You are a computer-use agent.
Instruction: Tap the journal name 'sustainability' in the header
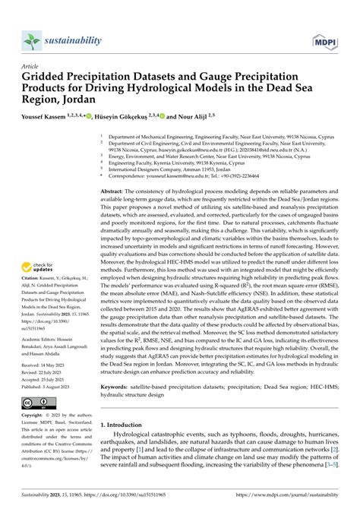coord(83,41)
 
